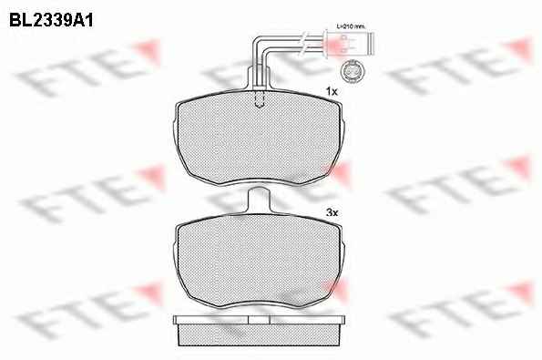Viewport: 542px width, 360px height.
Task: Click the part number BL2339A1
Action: (51, 20)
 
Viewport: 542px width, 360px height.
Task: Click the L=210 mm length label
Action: (352, 26)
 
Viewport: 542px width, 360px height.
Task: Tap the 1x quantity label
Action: (332, 92)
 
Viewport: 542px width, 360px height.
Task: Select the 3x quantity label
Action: (332, 212)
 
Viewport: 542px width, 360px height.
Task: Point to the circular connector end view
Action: (352, 72)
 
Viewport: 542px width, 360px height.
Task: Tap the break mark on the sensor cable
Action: (303, 42)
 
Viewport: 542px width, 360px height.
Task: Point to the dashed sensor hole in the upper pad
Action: (260, 99)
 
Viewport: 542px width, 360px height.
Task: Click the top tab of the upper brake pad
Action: (260, 77)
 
